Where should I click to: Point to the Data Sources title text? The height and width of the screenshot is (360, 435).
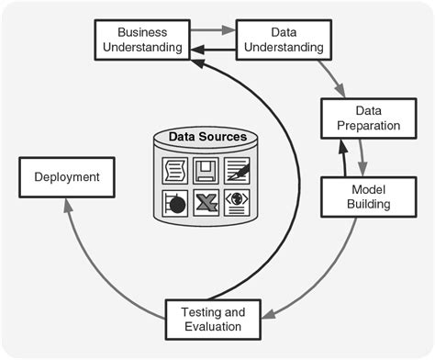(206, 138)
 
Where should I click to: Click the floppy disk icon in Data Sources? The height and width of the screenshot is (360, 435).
(207, 169)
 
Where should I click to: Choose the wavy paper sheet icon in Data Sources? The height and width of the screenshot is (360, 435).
(174, 169)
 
